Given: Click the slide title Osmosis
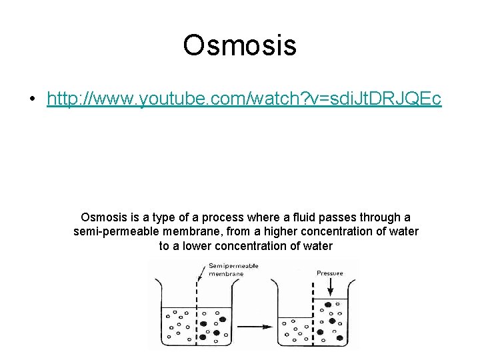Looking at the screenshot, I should click(x=239, y=45).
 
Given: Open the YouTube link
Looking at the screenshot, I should click(x=243, y=99).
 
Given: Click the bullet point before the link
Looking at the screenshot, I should click(x=32, y=99).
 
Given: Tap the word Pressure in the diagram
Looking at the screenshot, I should click(x=330, y=273).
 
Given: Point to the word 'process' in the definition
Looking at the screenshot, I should click(x=223, y=217).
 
